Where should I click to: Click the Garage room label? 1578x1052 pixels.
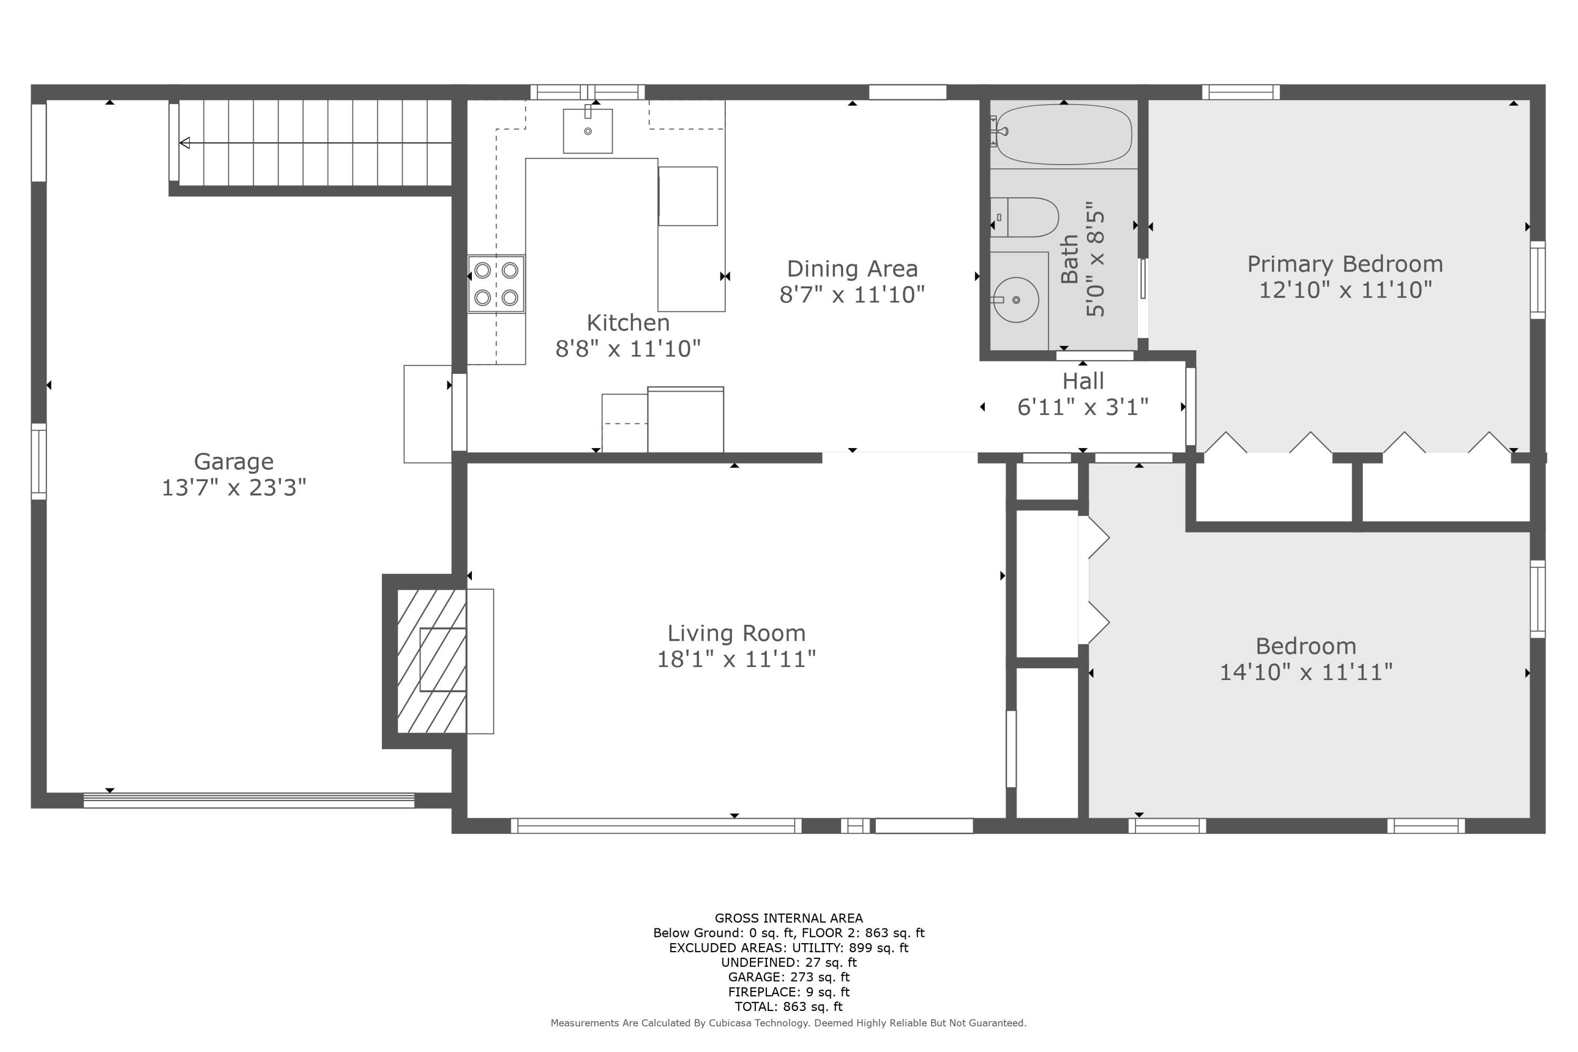(234, 462)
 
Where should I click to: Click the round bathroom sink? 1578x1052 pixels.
(1016, 300)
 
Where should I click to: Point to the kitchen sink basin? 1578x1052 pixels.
(587, 131)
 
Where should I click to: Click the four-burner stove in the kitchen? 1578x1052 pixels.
(496, 284)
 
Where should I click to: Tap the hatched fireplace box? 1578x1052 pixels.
(431, 661)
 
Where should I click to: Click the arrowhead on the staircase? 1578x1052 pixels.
(185, 143)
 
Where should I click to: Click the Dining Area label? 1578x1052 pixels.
(852, 269)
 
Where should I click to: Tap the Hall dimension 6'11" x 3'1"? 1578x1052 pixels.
(1083, 407)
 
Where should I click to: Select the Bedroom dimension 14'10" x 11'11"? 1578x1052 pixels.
(1306, 672)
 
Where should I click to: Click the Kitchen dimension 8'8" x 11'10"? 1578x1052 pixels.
(628, 349)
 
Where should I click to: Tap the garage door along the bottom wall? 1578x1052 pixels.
(248, 800)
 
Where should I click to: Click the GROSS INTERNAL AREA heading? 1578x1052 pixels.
(788, 918)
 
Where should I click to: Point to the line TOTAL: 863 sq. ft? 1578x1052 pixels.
(788, 1006)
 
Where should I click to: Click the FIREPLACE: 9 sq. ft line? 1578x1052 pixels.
(788, 992)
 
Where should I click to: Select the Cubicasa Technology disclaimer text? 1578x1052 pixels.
(788, 1023)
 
